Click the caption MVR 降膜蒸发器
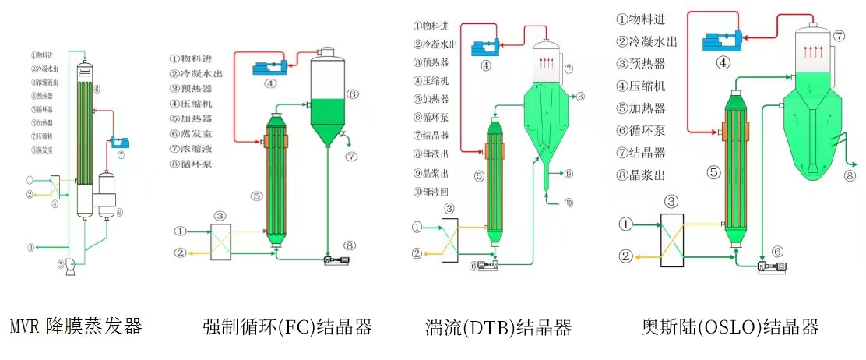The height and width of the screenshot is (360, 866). [76, 326]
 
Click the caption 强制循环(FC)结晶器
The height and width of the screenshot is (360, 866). [287, 326]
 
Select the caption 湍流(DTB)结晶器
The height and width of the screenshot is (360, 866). [498, 326]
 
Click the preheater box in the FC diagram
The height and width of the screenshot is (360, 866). [220, 238]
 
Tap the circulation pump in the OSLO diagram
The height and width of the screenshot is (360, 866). [772, 266]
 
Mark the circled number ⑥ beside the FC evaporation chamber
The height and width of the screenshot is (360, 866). [352, 94]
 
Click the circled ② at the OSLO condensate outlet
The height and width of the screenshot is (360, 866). [625, 255]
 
